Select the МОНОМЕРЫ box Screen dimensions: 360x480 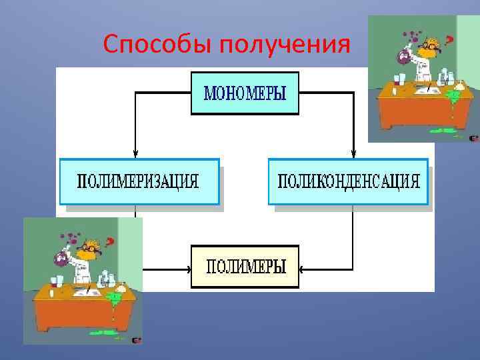click(245, 93)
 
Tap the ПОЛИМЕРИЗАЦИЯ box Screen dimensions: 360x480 click(139, 181)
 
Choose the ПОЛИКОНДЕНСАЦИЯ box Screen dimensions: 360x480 click(347, 181)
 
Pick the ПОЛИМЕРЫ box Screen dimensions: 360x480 click(245, 267)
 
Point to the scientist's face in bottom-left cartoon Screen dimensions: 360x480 click(86, 249)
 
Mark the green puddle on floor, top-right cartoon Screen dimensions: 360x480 click(443, 130)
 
